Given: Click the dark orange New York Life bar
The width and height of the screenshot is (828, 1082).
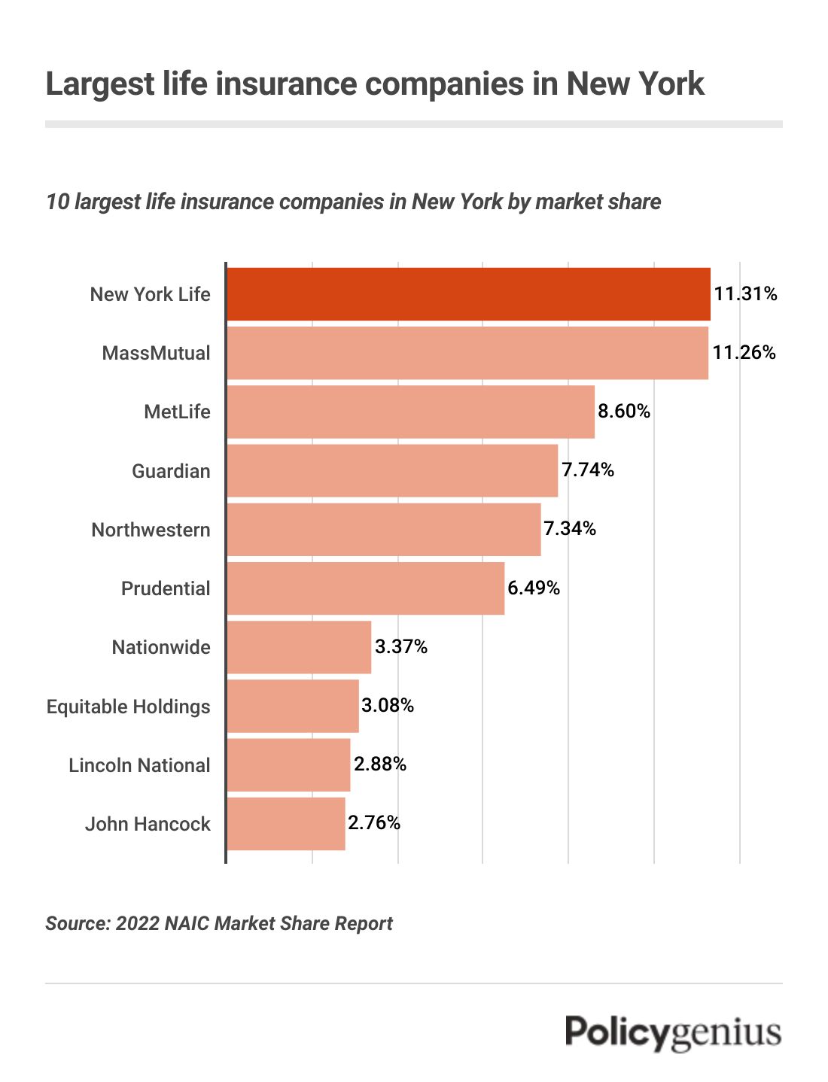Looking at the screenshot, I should click(468, 294).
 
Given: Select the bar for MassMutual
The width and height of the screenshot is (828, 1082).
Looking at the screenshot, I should click(467, 353).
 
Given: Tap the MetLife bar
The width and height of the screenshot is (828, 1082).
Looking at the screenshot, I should click(410, 412).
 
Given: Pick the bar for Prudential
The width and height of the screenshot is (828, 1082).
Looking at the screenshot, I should click(365, 588).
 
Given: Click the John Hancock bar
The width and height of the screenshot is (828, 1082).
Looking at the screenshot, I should click(286, 824).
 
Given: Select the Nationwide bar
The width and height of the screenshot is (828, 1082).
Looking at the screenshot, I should click(299, 647).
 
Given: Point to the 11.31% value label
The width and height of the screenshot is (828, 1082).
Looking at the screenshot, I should click(745, 294).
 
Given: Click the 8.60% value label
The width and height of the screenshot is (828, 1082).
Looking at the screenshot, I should click(624, 411).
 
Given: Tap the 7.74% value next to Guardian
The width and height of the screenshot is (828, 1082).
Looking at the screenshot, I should click(588, 470).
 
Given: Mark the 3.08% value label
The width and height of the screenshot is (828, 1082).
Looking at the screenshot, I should click(388, 706).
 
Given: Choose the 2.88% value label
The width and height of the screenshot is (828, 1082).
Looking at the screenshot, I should click(380, 764).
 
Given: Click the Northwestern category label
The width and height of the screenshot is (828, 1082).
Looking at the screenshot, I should click(151, 530).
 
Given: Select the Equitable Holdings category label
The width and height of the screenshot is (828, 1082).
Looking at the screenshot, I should click(129, 707).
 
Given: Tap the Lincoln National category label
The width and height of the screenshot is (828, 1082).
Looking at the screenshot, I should click(139, 765).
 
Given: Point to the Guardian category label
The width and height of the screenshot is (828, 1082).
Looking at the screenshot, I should click(171, 471).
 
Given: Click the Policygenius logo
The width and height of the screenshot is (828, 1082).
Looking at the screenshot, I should click(673, 1032).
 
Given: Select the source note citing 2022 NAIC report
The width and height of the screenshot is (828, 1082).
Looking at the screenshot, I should click(219, 924).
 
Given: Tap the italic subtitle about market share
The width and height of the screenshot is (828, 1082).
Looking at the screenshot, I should click(353, 202).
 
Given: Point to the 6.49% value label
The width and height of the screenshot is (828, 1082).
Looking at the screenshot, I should click(534, 588).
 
